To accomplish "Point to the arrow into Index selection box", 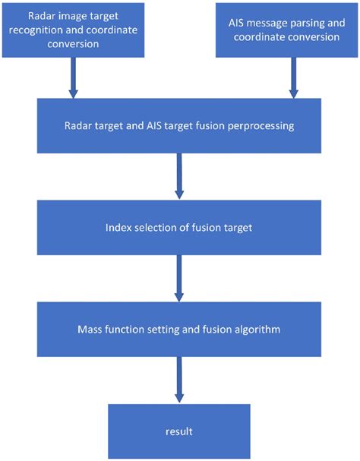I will tap(179, 176).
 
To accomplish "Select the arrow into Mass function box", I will tap(179, 278).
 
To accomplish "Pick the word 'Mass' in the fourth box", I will tap(92, 329).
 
